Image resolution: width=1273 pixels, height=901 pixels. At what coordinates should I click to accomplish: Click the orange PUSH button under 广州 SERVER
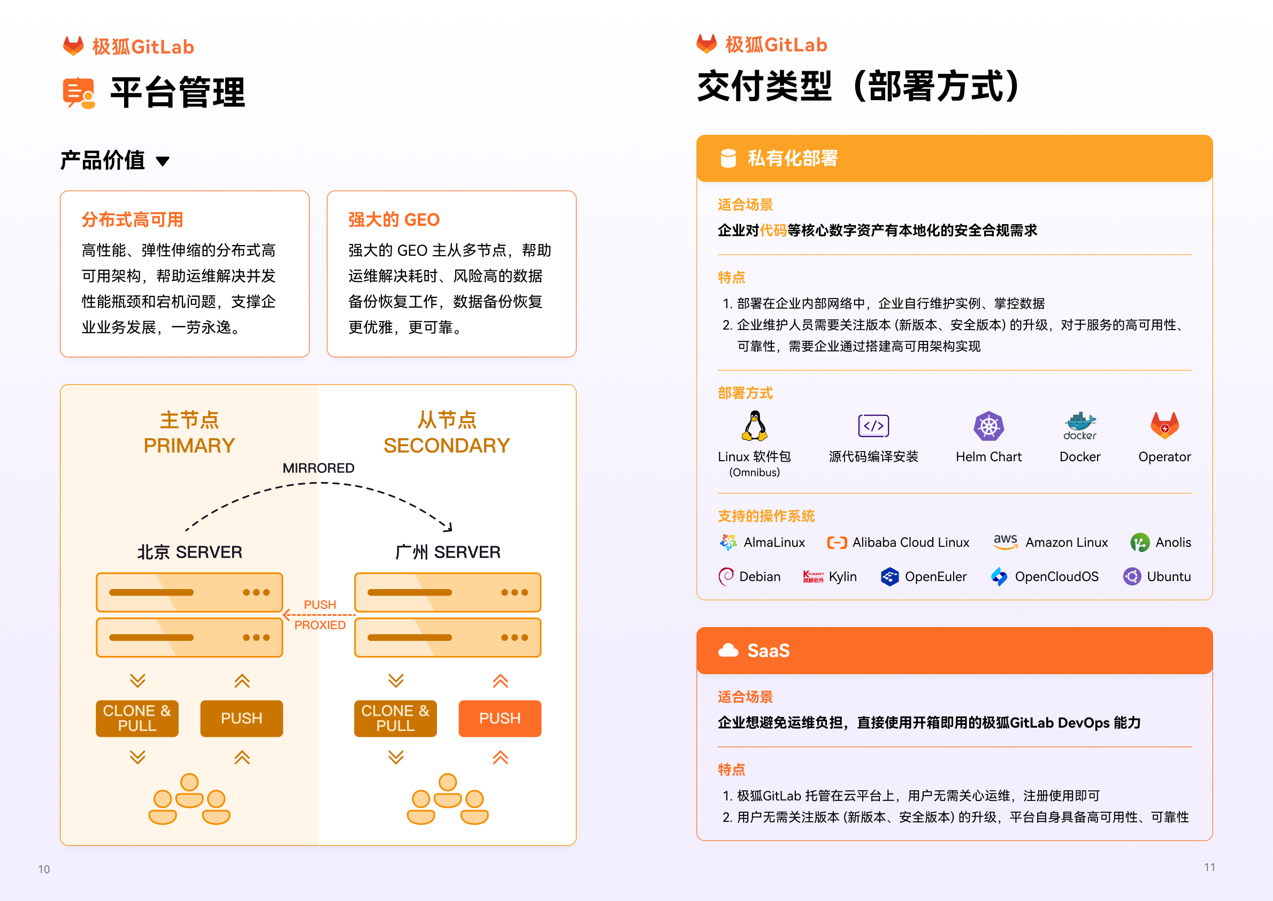pyautogui.click(x=500, y=719)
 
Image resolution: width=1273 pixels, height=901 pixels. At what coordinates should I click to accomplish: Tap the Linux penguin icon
pyautogui.click(x=754, y=425)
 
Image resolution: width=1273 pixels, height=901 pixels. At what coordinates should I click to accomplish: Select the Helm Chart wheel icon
pyautogui.click(x=988, y=426)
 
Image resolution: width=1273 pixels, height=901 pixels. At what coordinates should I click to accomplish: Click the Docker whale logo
pyautogui.click(x=1079, y=426)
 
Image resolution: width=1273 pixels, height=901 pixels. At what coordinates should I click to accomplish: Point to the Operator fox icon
pyautogui.click(x=1164, y=425)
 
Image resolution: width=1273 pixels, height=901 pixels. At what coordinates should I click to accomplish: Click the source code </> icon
pyautogui.click(x=873, y=425)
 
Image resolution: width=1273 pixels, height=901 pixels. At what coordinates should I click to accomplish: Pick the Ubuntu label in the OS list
pyautogui.click(x=1169, y=576)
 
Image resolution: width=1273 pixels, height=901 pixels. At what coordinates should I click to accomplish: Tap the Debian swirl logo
pyautogui.click(x=725, y=576)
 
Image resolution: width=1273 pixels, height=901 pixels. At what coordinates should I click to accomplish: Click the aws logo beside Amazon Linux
pyautogui.click(x=1005, y=541)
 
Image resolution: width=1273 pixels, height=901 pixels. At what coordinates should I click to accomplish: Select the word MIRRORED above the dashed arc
pyautogui.click(x=318, y=468)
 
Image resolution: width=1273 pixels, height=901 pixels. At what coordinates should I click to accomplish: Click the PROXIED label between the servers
pyautogui.click(x=320, y=625)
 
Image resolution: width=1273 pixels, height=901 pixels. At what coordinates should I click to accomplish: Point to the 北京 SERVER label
pyautogui.click(x=190, y=552)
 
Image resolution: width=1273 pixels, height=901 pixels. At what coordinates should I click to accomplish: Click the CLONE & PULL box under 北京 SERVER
pyautogui.click(x=137, y=719)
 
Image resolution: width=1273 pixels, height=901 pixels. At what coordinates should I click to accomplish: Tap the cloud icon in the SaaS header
pyautogui.click(x=728, y=650)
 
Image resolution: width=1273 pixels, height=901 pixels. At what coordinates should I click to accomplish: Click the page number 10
pyautogui.click(x=44, y=869)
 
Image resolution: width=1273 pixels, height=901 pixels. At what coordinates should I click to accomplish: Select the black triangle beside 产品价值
pyautogui.click(x=163, y=162)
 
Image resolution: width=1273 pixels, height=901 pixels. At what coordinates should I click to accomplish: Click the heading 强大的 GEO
pyautogui.click(x=394, y=220)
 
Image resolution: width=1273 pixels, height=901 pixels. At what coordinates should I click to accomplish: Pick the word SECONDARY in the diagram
pyautogui.click(x=447, y=446)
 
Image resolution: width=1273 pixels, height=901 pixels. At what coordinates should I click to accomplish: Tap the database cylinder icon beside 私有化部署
pyautogui.click(x=728, y=158)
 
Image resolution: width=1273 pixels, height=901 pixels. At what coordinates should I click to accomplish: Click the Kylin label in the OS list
pyautogui.click(x=842, y=576)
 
